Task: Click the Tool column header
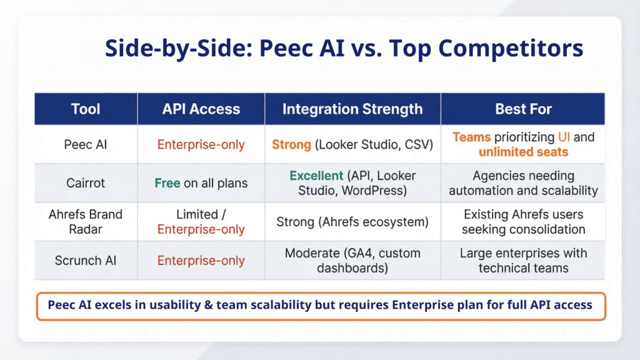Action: coord(86,109)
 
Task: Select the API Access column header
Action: coord(201,109)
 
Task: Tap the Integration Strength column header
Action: coord(352,109)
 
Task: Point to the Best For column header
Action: coord(523,109)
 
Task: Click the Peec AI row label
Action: coord(86,144)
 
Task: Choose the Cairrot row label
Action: coord(86,183)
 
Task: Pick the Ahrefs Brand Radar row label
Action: coord(86,221)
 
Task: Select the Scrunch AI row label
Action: coord(86,261)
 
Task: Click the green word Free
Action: coord(168,183)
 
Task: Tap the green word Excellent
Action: coord(316,176)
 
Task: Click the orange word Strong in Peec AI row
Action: coord(291,144)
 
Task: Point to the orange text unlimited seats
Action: coord(523,152)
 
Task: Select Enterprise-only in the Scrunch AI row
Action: coord(201,261)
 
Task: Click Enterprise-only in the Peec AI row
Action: coord(201,144)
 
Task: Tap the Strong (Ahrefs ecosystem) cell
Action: coord(352,221)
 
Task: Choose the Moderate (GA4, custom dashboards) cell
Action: coord(352,261)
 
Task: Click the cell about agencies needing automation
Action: coord(523,183)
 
